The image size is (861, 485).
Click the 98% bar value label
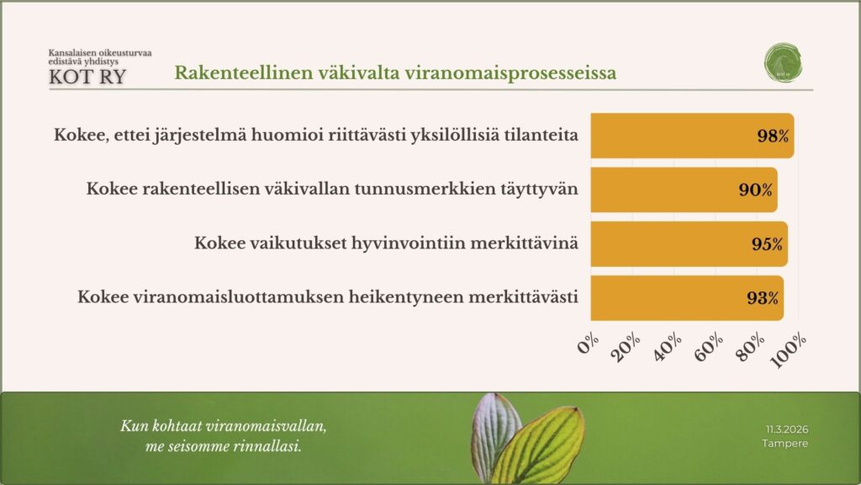(772, 136)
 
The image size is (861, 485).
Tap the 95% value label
(767, 244)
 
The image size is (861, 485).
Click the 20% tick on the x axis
(627, 345)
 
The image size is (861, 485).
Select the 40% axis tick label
(668, 345)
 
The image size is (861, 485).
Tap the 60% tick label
(708, 345)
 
